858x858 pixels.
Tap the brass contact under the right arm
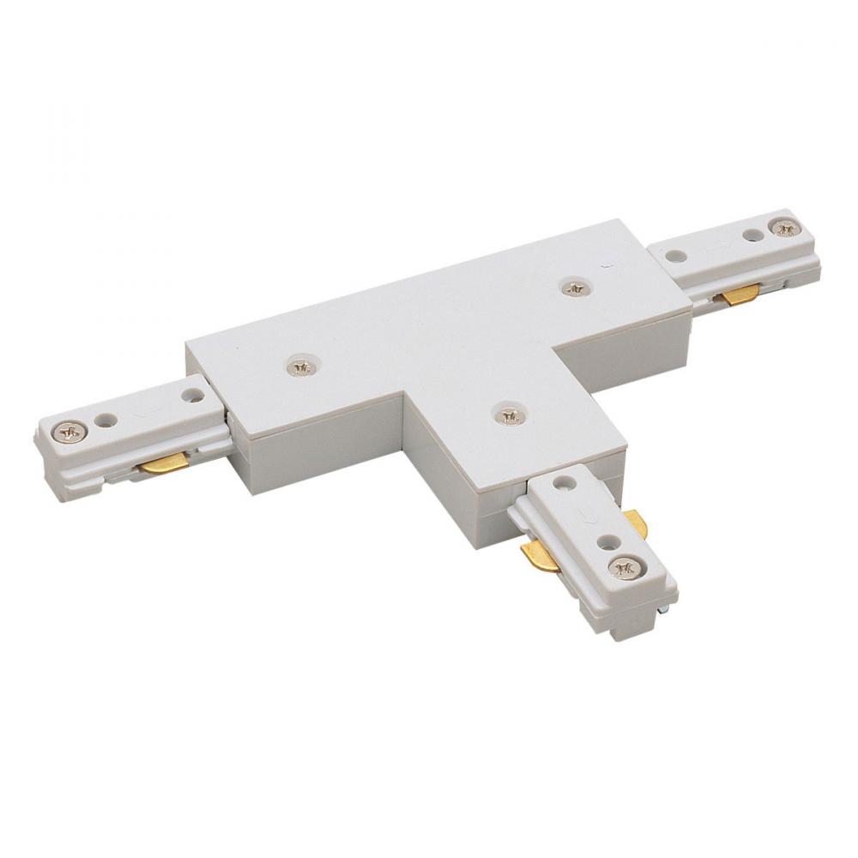(740, 295)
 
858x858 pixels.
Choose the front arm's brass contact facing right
(635, 522)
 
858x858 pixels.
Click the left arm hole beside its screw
(106, 421)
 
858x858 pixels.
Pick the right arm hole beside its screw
(752, 235)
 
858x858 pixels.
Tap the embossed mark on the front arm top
(586, 515)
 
